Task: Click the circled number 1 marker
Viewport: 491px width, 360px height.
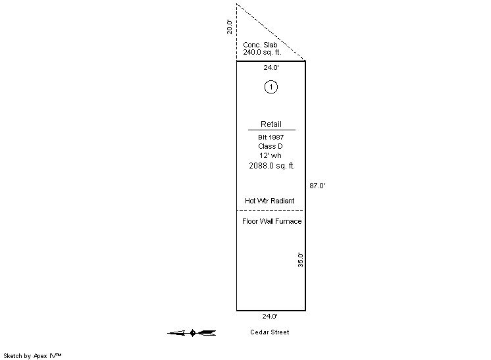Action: tap(271, 87)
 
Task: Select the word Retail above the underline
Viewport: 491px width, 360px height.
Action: tap(271, 124)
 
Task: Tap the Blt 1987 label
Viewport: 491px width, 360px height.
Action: tap(271, 137)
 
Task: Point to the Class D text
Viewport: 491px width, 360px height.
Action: tap(271, 146)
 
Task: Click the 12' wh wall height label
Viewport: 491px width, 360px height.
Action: tap(271, 155)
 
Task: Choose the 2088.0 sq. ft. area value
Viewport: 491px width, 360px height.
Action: tap(272, 166)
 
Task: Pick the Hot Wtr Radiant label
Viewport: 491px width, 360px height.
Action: tap(270, 201)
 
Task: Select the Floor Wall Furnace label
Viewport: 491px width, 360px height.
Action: tap(272, 221)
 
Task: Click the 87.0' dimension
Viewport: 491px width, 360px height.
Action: tap(317, 186)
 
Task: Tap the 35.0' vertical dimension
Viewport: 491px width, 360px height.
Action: tap(301, 260)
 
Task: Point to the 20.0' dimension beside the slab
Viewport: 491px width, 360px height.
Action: tap(230, 27)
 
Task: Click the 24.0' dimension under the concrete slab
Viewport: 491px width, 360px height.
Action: tap(271, 67)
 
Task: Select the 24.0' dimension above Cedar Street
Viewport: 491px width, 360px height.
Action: tap(270, 316)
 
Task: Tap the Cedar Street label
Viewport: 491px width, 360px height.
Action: tap(270, 332)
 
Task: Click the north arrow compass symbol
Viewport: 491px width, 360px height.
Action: tap(192, 333)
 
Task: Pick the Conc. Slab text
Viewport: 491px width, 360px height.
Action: tap(260, 45)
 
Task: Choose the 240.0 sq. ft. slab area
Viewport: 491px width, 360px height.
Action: tap(262, 52)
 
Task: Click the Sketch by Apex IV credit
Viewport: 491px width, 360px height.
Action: tap(32, 356)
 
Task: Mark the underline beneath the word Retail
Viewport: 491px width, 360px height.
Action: tap(272, 130)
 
